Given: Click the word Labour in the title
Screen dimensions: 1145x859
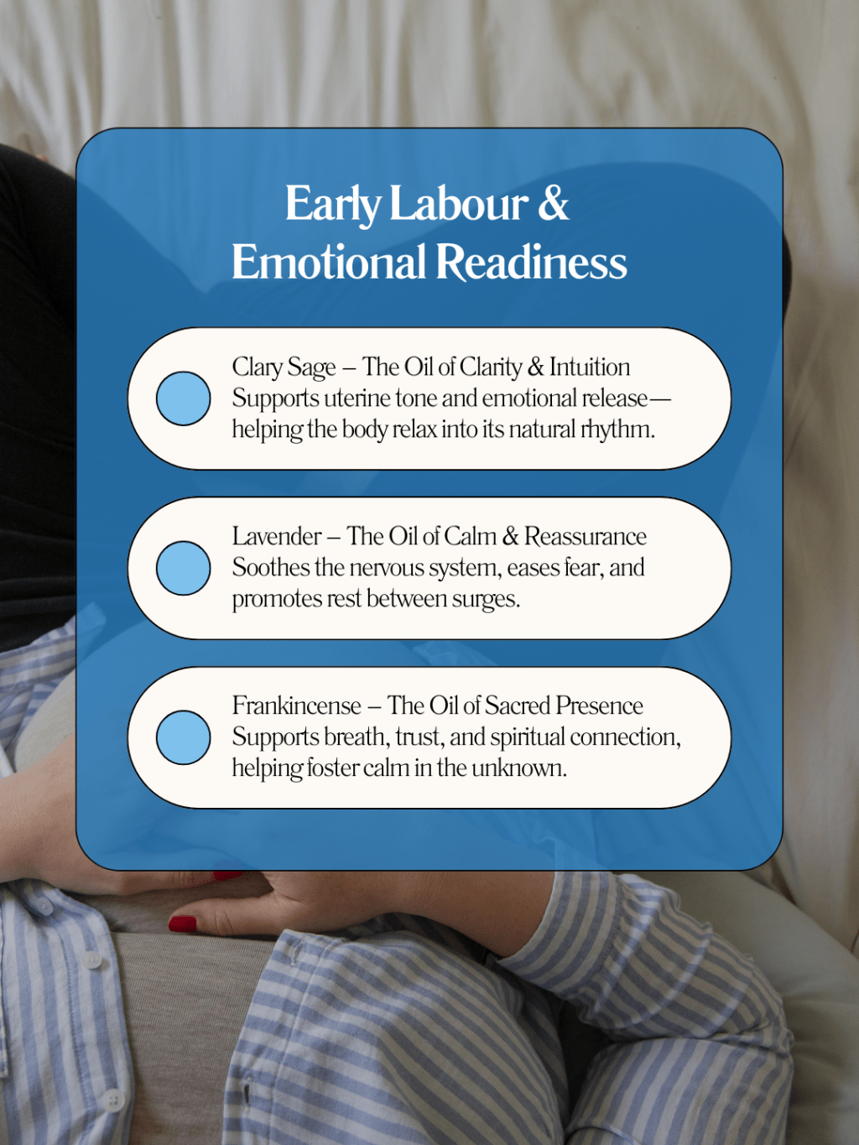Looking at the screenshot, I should click(459, 204).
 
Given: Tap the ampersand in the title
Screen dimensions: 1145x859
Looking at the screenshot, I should click(553, 204).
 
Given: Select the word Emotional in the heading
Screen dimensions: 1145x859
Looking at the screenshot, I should click(329, 262).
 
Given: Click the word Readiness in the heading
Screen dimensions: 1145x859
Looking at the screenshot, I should click(531, 262).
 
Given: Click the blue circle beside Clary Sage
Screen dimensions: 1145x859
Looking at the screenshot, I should click(183, 398).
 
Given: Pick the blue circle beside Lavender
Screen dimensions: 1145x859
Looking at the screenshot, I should click(183, 568).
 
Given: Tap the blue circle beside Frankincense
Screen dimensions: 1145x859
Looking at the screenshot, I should click(183, 737).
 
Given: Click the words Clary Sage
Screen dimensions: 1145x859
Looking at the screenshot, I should click(284, 367).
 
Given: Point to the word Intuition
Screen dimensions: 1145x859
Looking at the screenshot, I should click(590, 367).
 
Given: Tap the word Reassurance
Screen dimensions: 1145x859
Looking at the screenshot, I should click(586, 537).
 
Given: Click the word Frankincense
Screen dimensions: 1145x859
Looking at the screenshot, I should click(296, 705).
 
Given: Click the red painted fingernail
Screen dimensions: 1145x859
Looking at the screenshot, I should click(183, 924).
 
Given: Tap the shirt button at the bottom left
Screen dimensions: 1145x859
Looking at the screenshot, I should click(112, 1099).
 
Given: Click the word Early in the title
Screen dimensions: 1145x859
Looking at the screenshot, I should click(332, 204).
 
